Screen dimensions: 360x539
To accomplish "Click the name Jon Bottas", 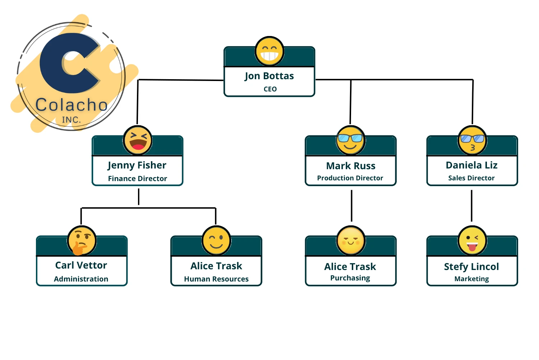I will tap(269, 76).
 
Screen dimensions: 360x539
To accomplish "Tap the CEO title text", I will tap(270, 89).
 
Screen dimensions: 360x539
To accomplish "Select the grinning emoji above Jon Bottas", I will tap(269, 51).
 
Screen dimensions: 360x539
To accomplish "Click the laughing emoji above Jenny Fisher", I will tap(138, 140).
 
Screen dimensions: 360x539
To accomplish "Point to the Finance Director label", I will tap(138, 179).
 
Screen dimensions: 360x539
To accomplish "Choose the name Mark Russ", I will tap(351, 166).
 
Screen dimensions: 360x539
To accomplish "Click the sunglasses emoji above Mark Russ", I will tap(351, 140).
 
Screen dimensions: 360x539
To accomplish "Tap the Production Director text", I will tap(350, 178).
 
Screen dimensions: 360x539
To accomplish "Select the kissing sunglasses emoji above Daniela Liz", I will tap(472, 140).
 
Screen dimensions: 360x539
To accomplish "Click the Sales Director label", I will tap(471, 178).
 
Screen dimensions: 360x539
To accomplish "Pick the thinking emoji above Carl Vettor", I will tap(82, 240).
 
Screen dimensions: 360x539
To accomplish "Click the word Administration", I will tap(81, 279).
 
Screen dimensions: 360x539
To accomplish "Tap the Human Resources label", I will tap(216, 279).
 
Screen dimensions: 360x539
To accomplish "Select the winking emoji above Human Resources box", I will tap(216, 240).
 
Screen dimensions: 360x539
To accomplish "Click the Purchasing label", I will tap(350, 278).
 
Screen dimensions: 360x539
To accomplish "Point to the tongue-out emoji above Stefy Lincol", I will tap(472, 240).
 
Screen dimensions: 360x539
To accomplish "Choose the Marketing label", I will tap(471, 279).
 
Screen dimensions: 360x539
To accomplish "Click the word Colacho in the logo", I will tap(72, 105).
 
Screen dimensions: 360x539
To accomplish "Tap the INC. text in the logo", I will tap(71, 120).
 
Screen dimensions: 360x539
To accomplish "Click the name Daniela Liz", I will tap(471, 165).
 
